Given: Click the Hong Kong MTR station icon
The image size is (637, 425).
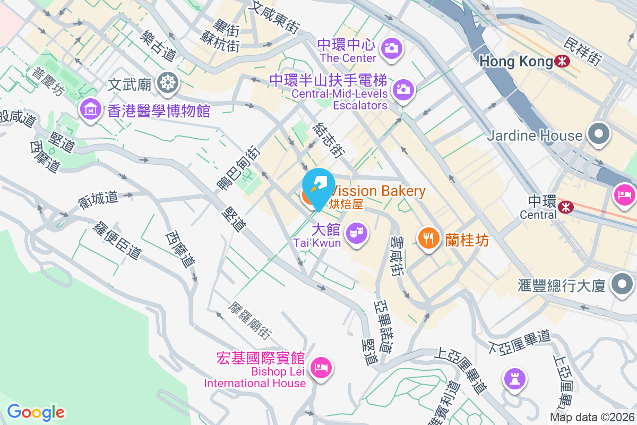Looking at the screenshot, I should tap(562, 62).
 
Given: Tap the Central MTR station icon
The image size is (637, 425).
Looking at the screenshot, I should tap(566, 206).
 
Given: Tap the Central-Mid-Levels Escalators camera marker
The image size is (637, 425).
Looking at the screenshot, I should tap(403, 90).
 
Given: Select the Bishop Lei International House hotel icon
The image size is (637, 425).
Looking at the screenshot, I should tap(321, 367).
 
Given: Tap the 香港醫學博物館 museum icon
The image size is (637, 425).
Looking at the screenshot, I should tap(90, 109).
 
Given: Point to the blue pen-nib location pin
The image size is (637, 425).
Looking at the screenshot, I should tap(318, 185).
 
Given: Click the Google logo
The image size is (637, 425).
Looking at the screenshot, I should tap(36, 412).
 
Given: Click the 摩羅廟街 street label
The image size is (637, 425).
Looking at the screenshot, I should tap(249, 321).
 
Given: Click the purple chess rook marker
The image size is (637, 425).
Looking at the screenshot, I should tap(514, 378).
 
